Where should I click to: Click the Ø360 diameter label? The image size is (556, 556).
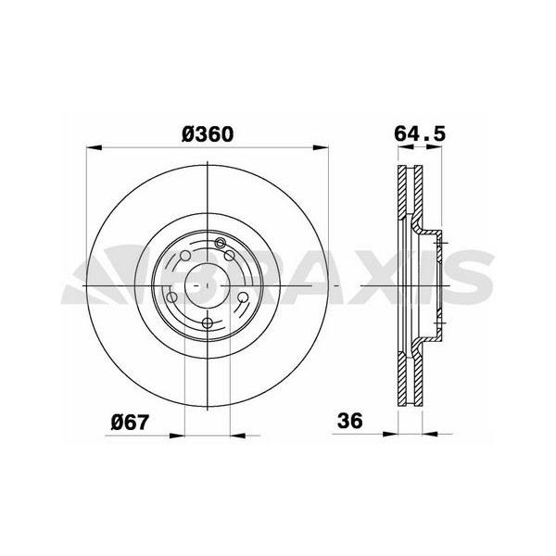pos(207,133)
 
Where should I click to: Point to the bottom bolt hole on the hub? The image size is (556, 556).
pos(208,322)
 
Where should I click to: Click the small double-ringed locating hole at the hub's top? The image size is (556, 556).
pos(221,244)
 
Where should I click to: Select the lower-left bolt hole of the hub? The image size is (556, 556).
pos(172,297)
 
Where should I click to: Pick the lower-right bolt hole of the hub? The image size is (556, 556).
pos(243,297)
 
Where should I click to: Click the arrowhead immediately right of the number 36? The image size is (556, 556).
pos(390,431)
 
